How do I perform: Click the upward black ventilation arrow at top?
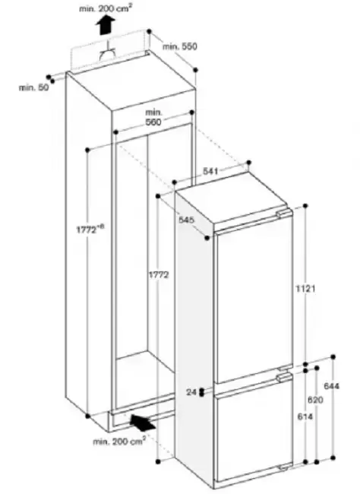(x=106, y=25)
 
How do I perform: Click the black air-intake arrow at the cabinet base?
(x=143, y=423)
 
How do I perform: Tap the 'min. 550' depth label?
(x=180, y=46)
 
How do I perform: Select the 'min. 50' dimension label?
(x=34, y=87)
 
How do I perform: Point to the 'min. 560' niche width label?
(x=154, y=117)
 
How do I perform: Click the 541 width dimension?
(x=210, y=171)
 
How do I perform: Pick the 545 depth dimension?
(x=187, y=220)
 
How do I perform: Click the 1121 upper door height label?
(x=305, y=288)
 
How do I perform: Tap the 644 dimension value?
(x=332, y=385)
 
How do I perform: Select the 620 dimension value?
(x=315, y=400)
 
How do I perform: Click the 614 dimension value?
(x=305, y=416)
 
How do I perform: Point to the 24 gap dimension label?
(x=191, y=392)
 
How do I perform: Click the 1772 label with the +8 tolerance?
(x=90, y=229)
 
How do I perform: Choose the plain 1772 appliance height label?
(x=159, y=274)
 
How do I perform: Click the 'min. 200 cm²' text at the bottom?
(x=119, y=441)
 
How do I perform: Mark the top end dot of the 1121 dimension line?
(x=305, y=206)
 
